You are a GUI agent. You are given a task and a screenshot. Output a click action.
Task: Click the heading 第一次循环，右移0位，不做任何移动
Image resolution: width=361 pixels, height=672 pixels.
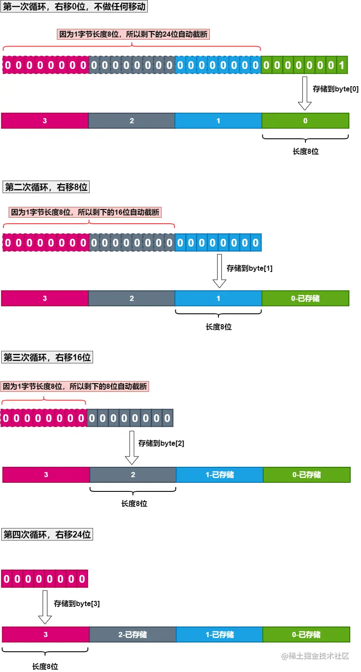tap(74, 7)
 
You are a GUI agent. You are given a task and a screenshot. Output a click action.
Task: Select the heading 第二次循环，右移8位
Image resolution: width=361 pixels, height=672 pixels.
tap(46, 187)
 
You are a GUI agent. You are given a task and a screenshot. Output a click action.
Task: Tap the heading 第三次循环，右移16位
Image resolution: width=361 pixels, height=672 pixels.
tap(47, 357)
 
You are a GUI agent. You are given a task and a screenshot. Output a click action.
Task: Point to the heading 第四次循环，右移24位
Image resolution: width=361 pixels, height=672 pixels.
tap(47, 534)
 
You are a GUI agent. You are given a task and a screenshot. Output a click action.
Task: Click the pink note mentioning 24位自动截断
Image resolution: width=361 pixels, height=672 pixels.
tap(133, 34)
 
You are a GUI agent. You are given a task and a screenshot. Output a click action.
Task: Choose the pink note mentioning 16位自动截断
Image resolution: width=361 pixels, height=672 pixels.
tap(85, 212)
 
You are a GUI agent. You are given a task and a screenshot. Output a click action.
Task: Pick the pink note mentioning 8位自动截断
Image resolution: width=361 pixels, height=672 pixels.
tap(75, 387)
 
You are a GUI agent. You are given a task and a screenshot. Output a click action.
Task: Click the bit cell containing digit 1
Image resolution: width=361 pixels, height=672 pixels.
tap(342, 66)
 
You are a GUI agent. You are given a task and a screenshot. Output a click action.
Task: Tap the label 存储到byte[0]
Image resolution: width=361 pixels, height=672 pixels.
tap(335, 89)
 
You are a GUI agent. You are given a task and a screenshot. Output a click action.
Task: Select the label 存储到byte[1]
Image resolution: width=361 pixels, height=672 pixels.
tap(249, 268)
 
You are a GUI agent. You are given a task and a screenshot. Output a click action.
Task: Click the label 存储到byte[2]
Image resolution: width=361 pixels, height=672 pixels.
tap(161, 443)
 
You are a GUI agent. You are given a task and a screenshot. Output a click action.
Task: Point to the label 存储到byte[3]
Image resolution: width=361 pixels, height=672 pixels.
tap(77, 604)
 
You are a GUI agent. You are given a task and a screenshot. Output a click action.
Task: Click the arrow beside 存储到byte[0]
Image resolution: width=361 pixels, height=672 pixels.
tap(305, 93)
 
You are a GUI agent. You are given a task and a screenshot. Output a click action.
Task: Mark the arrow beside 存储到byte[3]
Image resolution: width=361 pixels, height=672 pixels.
tap(45, 607)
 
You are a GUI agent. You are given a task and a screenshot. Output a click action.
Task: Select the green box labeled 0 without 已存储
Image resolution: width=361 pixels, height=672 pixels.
tap(305, 121)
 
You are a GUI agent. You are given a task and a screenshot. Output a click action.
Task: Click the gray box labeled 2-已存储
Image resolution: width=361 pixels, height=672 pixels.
tap(132, 634)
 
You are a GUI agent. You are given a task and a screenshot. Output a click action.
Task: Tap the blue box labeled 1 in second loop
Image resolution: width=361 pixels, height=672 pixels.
tap(218, 298)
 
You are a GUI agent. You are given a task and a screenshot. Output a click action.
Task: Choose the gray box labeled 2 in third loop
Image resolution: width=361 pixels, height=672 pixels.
tap(133, 475)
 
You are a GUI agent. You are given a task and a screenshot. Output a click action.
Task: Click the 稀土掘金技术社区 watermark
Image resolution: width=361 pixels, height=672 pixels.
tap(315, 656)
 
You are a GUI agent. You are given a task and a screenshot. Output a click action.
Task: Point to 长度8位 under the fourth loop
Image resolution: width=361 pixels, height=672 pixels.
tap(45, 666)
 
